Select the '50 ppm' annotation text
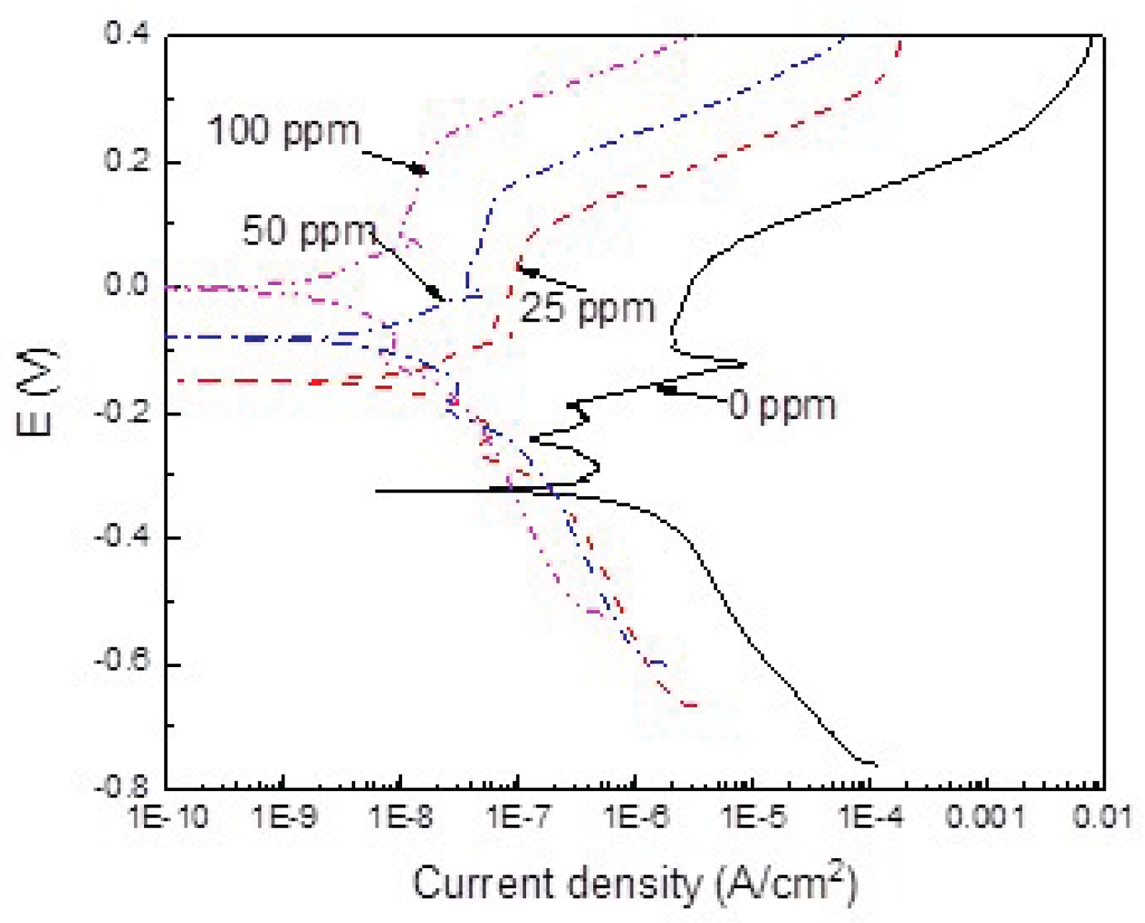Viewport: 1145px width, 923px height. pos(308,232)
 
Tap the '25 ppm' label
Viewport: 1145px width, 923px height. pos(587,309)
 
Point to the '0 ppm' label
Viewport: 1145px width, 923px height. pos(782,406)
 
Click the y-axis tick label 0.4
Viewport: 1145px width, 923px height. pos(127,33)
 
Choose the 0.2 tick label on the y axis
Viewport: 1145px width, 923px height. pos(127,160)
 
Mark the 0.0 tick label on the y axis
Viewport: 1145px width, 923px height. pos(127,284)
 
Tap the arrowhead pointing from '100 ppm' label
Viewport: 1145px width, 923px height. pos(421,170)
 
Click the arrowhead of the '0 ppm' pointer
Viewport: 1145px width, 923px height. pos(664,388)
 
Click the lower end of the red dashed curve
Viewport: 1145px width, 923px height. pos(695,706)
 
